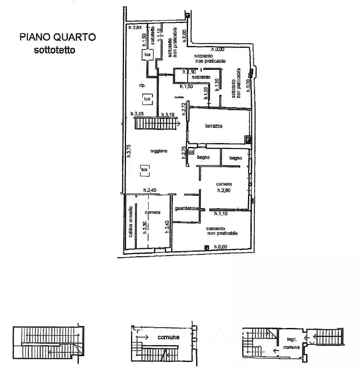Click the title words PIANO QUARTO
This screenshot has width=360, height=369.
pyautogui.click(x=58, y=37)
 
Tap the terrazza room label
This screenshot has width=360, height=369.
pyautogui.click(x=214, y=126)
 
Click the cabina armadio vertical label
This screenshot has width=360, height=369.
pyautogui.click(x=131, y=222)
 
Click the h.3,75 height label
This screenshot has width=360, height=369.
pyautogui.click(x=128, y=151)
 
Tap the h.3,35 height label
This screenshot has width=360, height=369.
pyautogui.click(x=137, y=114)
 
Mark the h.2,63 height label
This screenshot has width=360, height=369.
pyautogui.click(x=135, y=28)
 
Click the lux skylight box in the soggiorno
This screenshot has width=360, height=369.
pyautogui.click(x=145, y=169)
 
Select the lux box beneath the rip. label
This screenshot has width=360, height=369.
pyautogui.click(x=147, y=99)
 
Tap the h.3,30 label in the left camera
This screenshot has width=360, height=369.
pyautogui.click(x=145, y=227)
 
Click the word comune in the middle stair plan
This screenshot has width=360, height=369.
pyautogui.click(x=168, y=337)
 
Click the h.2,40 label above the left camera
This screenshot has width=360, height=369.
pyautogui.click(x=150, y=190)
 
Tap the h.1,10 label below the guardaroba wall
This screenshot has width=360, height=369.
pyautogui.click(x=221, y=214)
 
